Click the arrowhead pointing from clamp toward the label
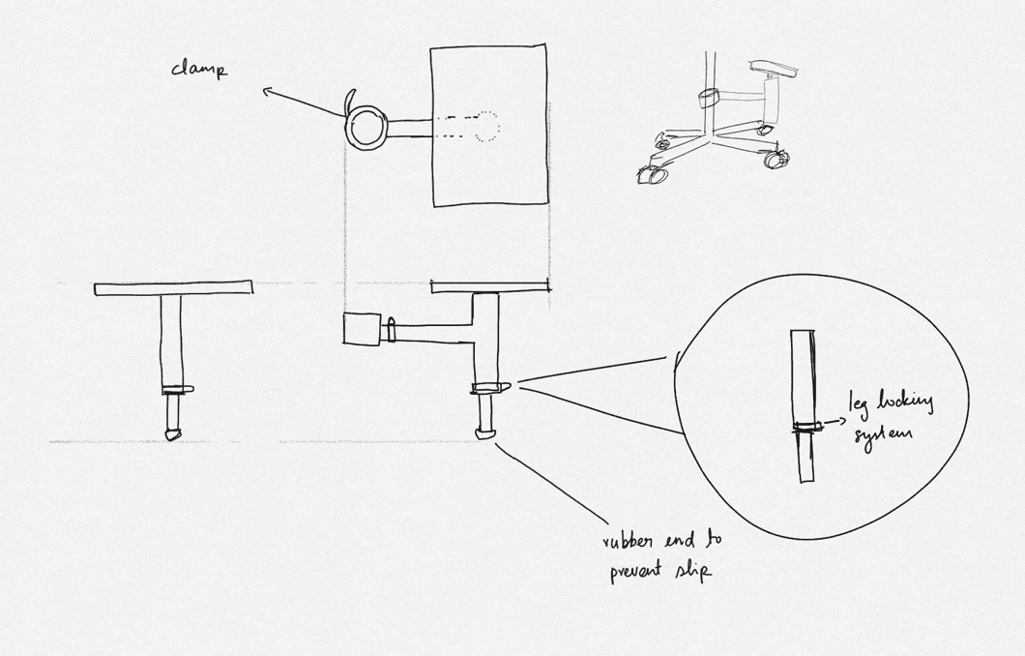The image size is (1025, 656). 267,92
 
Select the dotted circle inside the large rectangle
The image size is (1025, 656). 485,127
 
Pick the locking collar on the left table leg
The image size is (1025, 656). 174,390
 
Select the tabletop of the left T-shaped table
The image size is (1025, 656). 173,288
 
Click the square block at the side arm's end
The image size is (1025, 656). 362,328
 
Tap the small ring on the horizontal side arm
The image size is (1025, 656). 391,329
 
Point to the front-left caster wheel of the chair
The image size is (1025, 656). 650,176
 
